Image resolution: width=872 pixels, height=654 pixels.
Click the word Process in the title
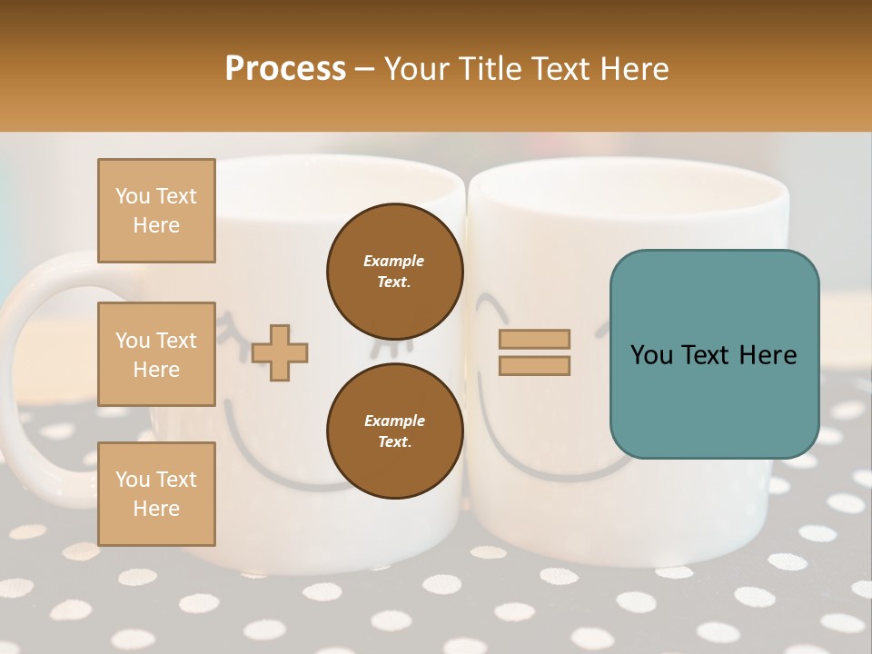285,69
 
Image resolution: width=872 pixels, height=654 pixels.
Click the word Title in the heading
490,69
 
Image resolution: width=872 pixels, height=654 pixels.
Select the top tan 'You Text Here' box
156,211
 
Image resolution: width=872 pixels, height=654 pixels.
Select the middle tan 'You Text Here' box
156,354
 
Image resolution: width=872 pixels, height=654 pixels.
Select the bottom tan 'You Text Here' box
156,493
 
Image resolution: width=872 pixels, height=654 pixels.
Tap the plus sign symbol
280,352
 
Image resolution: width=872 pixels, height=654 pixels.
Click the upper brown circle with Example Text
394,271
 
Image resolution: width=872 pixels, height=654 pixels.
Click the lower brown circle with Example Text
394,431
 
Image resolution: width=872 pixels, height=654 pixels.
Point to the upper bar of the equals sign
534,340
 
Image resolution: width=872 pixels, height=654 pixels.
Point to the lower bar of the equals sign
534,366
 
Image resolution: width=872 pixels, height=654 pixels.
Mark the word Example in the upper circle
394,261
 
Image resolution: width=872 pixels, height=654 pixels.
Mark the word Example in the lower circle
394,421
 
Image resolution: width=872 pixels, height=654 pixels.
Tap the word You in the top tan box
133,196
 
